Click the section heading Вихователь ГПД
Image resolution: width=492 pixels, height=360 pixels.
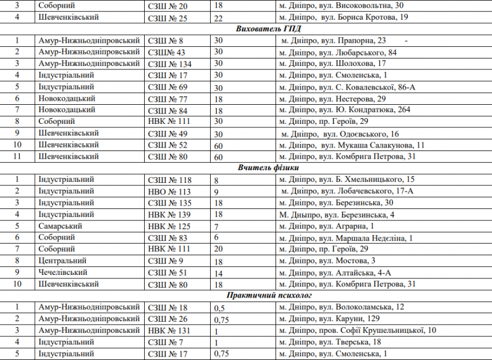pos(269,29)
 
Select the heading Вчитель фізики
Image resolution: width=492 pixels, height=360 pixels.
pos(269,168)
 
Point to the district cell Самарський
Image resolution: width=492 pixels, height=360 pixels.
pos(60,226)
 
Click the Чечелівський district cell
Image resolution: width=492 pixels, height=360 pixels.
pos(63,272)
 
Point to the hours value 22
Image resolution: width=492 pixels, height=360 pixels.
pos(218,17)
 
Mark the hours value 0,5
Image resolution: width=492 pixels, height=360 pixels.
pos(219,307)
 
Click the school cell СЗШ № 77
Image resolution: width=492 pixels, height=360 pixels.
pos(168,98)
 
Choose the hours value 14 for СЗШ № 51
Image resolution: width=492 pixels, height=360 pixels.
pos(218,272)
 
